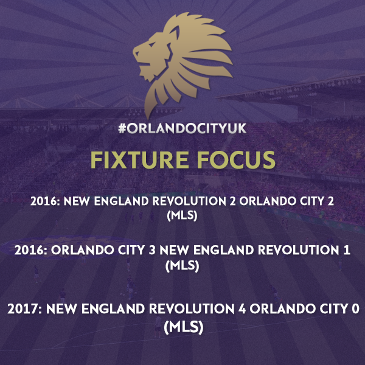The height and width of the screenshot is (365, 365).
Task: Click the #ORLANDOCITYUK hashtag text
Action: click(x=182, y=128)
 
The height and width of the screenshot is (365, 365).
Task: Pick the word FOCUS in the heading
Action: click(x=236, y=159)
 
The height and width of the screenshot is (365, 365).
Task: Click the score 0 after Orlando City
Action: click(x=356, y=309)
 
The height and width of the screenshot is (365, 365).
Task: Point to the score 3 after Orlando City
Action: click(x=152, y=250)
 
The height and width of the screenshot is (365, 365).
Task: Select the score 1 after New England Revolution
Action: click(x=347, y=250)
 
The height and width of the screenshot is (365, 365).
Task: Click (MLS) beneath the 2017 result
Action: click(x=184, y=327)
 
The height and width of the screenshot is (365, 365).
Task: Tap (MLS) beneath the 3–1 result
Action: click(x=182, y=266)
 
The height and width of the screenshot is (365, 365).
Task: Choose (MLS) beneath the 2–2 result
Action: click(x=182, y=215)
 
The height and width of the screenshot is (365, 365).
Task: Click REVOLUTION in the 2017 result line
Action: click(x=192, y=309)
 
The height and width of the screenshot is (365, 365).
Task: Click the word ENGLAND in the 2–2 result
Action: click(x=121, y=201)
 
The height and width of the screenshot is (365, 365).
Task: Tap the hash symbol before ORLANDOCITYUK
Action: click(x=122, y=128)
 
